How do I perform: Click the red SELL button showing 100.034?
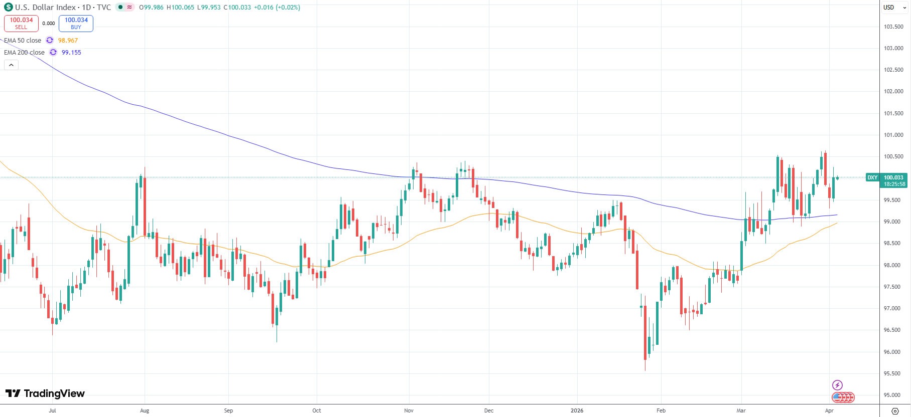(x=21, y=23)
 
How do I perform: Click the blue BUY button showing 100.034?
(x=76, y=23)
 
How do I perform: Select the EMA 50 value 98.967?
(x=68, y=41)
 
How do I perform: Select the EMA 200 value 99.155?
(x=71, y=53)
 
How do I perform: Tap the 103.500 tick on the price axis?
(x=893, y=27)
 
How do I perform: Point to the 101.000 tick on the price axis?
(x=893, y=135)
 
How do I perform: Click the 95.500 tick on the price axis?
(x=893, y=373)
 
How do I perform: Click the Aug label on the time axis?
(x=145, y=410)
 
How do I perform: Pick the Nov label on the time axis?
(x=409, y=410)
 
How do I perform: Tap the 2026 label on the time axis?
(x=577, y=410)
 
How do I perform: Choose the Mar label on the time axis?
(x=741, y=410)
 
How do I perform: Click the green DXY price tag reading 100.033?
(x=886, y=178)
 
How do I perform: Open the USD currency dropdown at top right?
(x=895, y=8)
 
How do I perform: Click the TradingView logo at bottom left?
(x=45, y=393)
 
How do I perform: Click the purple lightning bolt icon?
(x=837, y=385)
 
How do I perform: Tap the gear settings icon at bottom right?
(x=894, y=411)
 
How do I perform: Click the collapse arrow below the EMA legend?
(x=11, y=65)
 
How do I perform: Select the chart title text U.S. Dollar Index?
(x=45, y=8)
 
